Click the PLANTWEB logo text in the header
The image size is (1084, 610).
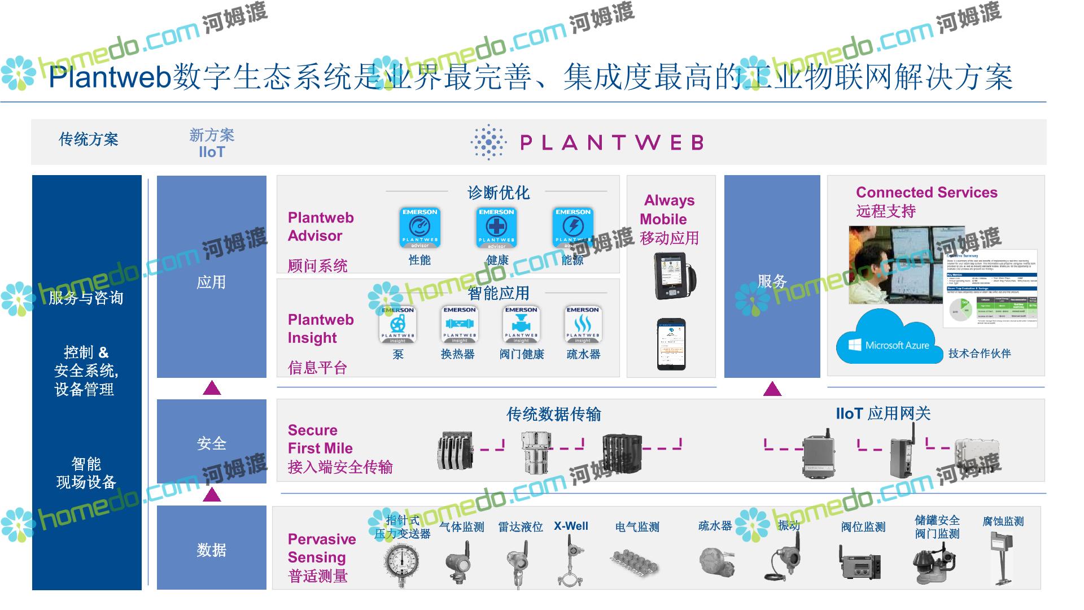[611, 142]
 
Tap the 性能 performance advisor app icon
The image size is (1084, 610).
[419, 228]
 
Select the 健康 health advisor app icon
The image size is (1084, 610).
[496, 228]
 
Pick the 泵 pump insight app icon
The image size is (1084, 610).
[398, 325]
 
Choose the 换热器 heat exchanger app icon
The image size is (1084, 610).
[459, 325]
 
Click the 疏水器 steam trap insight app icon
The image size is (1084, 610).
[583, 325]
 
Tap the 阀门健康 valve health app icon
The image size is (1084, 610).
[521, 325]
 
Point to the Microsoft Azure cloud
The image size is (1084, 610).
[888, 339]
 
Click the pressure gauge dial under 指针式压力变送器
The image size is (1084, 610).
[402, 561]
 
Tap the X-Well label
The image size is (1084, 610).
[571, 526]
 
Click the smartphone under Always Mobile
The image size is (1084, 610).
[671, 344]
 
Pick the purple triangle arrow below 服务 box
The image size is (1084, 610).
[772, 389]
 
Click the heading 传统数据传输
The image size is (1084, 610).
[553, 415]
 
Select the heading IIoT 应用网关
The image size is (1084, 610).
[883, 413]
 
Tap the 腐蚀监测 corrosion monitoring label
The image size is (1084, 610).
[1003, 521]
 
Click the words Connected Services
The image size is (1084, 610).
[926, 193]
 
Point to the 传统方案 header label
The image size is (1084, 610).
[89, 140]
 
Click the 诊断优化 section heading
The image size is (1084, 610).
[498, 193]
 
